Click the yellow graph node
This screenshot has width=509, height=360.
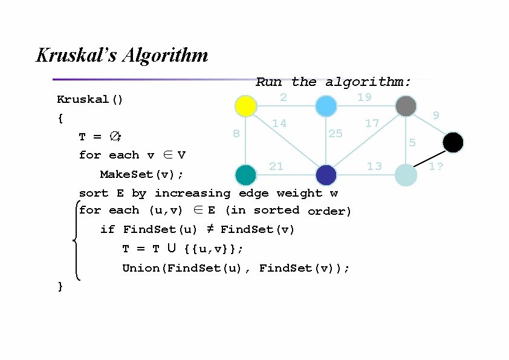pos(245,106)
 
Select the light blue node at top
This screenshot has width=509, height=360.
pos(326,106)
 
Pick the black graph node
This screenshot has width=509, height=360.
pos(453,143)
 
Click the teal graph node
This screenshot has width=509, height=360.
pos(245,175)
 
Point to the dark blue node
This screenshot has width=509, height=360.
pos(326,175)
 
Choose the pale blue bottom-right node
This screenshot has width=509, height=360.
pos(406,175)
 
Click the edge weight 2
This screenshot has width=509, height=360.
pos(283,97)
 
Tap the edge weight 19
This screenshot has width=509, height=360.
pos(364,97)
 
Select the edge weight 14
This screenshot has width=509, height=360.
pos(279,123)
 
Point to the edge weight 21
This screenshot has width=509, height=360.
pos(276,166)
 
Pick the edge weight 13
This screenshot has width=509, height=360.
pos(374,166)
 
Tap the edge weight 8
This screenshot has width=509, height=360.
pos(236,133)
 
